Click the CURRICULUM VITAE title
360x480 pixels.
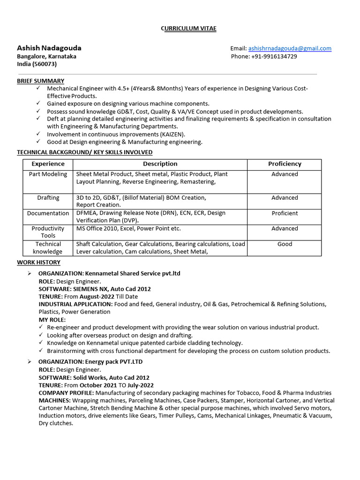coord(188,29)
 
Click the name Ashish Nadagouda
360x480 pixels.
coord(49,48)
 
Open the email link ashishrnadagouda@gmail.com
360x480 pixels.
coord(289,48)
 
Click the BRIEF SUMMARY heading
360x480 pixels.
coord(41,81)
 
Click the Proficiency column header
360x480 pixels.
coord(285,164)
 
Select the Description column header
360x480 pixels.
coord(160,164)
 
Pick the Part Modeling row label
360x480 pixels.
coord(48,174)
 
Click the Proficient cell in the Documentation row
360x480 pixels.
coord(285,213)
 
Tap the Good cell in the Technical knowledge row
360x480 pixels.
coord(285,244)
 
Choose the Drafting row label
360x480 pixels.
coord(48,198)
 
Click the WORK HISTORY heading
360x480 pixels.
coord(38,262)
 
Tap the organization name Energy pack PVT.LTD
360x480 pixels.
coord(113,362)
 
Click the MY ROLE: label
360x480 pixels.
coord(52,320)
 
